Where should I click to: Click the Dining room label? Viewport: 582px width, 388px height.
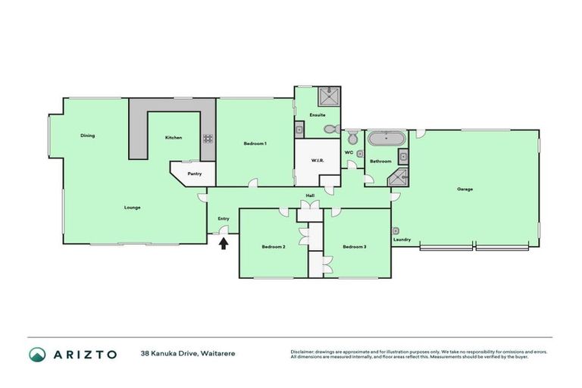tap(88, 136)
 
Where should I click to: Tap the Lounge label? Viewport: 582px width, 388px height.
tap(133, 207)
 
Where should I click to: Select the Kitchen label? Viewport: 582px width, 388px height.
tap(174, 137)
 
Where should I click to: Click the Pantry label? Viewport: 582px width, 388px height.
tap(195, 174)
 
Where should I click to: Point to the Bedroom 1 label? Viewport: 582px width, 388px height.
tap(255, 143)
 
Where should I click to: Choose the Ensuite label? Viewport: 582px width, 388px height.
tap(318, 114)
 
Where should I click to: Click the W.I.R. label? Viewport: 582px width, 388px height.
tap(318, 161)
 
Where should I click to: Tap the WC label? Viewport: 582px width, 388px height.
tap(349, 152)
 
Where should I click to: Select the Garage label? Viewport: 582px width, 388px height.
tap(465, 189)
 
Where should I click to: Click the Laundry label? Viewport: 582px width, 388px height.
tap(402, 240)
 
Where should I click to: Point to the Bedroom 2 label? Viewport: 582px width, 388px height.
tap(273, 246)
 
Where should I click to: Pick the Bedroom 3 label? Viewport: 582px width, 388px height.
tap(354, 246)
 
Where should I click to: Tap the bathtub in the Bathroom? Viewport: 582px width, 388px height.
tap(386, 139)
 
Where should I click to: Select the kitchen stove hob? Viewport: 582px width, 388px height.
tap(208, 139)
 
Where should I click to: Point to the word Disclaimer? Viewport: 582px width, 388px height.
tap(303, 352)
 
